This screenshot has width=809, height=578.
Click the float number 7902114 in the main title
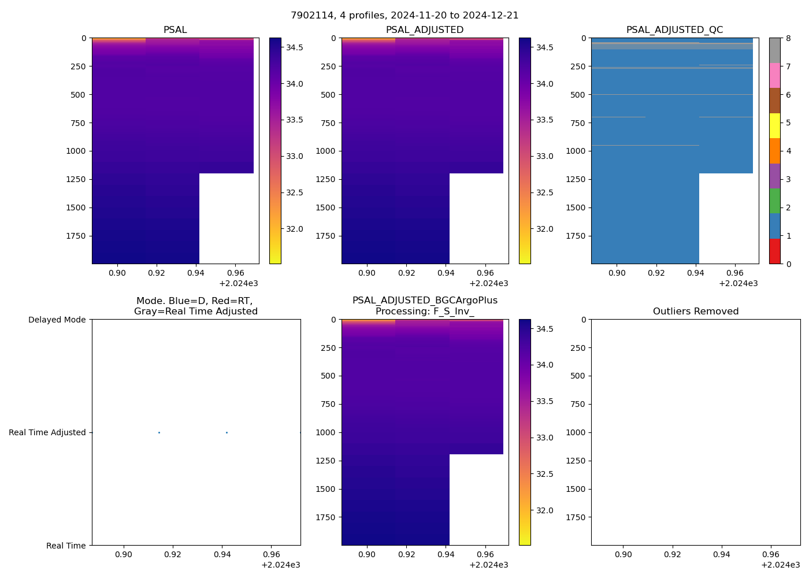point(312,16)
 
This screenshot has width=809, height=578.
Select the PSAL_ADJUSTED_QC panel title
point(674,30)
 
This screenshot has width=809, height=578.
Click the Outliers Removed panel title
point(696,312)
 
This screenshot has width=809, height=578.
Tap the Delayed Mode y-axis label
point(57,320)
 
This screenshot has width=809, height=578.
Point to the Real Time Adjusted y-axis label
point(47,432)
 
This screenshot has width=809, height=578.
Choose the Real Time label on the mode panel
point(66,546)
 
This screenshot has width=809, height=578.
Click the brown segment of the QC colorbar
point(774,101)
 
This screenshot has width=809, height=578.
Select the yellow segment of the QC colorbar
point(774,125)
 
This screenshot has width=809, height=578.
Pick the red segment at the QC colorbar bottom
point(774,251)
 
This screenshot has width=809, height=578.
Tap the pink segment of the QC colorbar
point(774,76)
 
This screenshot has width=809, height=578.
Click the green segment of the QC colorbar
point(774,201)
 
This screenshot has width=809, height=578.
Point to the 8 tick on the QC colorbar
point(788,38)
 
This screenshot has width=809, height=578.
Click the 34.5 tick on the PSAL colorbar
point(295,47)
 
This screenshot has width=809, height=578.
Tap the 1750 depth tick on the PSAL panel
point(76,236)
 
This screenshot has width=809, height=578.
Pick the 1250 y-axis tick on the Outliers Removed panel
point(576,461)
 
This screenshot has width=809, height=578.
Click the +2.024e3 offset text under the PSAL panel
point(239,283)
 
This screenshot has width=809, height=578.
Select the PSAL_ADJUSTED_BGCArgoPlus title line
point(425,301)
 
